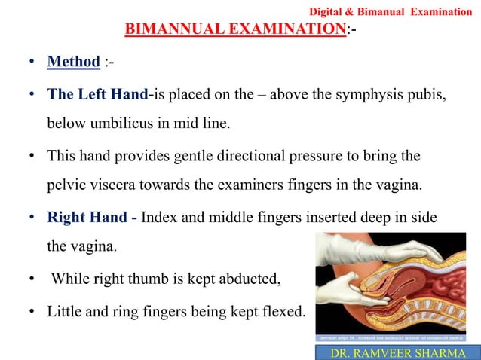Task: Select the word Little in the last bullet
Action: pyautogui.click(x=66, y=311)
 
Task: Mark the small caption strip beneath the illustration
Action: pyautogui.click(x=397, y=337)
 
